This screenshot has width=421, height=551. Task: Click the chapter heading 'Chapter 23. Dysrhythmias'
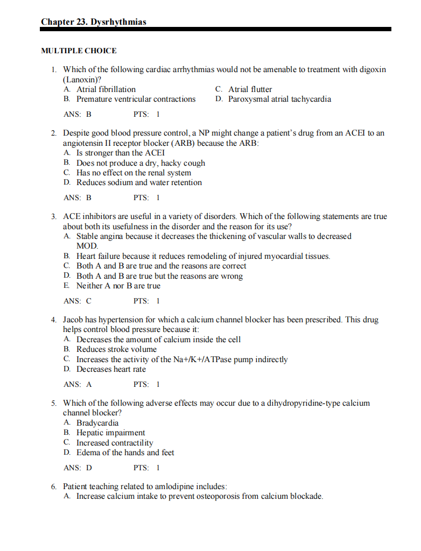click(94, 22)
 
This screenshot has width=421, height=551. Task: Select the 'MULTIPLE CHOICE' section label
click(79, 51)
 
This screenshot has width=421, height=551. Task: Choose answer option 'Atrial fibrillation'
click(106, 89)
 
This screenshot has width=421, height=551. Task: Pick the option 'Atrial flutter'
click(250, 89)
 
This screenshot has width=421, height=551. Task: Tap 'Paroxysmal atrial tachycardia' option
click(279, 99)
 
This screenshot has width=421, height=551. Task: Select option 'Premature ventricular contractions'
click(136, 99)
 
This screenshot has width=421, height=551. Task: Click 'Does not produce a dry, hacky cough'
click(141, 163)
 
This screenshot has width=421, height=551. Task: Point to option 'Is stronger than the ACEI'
click(121, 153)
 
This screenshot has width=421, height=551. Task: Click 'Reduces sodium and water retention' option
click(139, 182)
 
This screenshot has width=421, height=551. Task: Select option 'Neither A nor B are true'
click(118, 286)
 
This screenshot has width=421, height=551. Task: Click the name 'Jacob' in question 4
click(74, 320)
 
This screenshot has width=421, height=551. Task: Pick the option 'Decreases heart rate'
click(111, 369)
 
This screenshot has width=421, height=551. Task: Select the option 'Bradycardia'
click(97, 423)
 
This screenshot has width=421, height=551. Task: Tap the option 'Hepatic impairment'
click(110, 433)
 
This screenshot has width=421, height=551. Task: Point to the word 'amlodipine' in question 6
click(154, 486)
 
